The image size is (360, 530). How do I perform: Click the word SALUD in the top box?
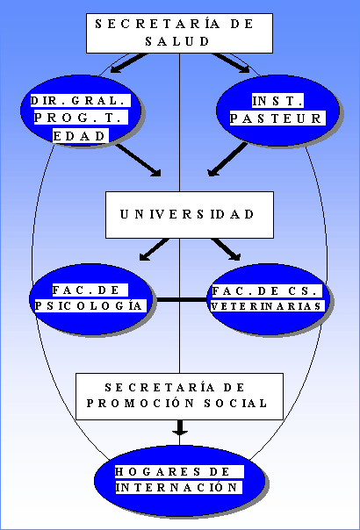coord(177,41)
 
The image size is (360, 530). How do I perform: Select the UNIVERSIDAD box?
coord(190,215)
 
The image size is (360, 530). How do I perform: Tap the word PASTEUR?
coord(277,118)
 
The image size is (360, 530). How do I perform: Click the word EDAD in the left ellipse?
coord(81,136)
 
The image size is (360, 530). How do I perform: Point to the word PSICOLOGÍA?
coord(90,305)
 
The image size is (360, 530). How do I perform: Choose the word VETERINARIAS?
coord(267,306)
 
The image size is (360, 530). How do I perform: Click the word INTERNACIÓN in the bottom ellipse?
coord(179,487)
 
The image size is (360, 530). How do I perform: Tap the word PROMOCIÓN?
coord(140,403)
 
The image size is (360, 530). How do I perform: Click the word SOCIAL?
coord(236,403)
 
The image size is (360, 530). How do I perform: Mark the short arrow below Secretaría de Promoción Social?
coord(180,427)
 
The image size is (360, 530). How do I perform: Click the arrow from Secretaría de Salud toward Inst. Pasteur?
coord(231,63)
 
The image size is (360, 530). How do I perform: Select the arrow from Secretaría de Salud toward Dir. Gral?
coord(129,63)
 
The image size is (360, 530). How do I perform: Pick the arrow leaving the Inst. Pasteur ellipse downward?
coord(227,159)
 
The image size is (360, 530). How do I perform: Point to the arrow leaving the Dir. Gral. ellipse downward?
coord(139,161)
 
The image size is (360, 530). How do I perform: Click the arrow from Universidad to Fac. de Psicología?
coord(155,249)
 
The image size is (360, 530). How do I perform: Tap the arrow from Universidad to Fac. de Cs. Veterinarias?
coord(226,249)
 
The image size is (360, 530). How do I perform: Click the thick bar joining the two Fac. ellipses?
coord(182,300)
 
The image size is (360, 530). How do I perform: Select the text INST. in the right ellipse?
coord(277,101)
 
